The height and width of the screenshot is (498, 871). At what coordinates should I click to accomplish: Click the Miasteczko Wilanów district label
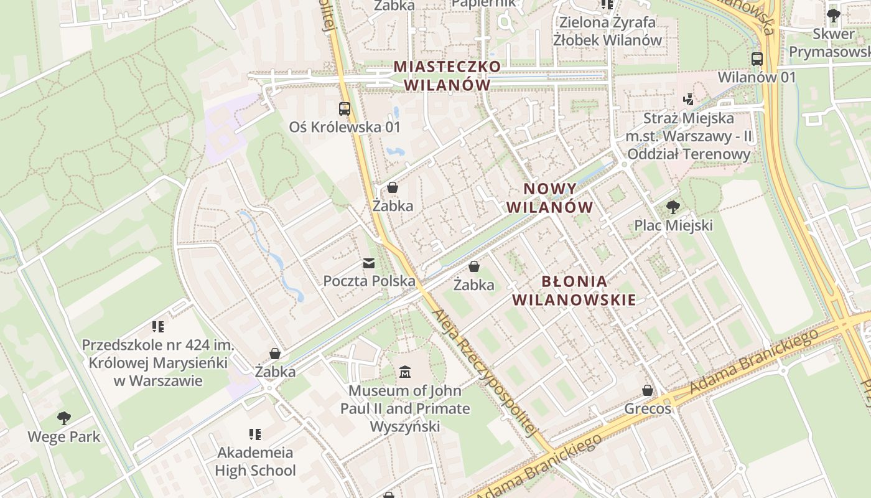pyautogui.click(x=447, y=75)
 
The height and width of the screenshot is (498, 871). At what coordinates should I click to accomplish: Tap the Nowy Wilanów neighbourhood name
pyautogui.click(x=550, y=198)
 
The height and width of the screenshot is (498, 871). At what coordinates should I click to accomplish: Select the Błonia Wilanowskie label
pyautogui.click(x=574, y=290)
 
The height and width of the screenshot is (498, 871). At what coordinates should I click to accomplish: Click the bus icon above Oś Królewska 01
pyautogui.click(x=345, y=109)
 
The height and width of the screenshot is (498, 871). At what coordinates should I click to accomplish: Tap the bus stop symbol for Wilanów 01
pyautogui.click(x=757, y=59)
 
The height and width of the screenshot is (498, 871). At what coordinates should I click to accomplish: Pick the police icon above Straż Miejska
pyautogui.click(x=688, y=100)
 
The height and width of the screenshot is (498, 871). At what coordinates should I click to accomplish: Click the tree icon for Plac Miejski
pyautogui.click(x=673, y=207)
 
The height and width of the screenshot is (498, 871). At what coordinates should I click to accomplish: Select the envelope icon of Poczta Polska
pyautogui.click(x=370, y=263)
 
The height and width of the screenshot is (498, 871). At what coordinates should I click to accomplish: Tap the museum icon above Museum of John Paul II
pyautogui.click(x=405, y=372)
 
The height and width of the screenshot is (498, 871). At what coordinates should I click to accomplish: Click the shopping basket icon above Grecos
pyautogui.click(x=648, y=390)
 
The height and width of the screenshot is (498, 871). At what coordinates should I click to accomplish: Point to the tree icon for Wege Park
pyautogui.click(x=63, y=418)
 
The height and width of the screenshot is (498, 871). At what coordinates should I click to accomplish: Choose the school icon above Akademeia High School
pyautogui.click(x=255, y=434)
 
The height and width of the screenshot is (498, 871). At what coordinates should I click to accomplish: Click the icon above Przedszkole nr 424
pyautogui.click(x=158, y=326)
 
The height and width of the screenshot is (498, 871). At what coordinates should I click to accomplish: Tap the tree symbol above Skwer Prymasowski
pyautogui.click(x=834, y=16)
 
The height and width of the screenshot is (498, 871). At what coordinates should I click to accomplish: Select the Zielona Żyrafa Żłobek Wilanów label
pyautogui.click(x=607, y=31)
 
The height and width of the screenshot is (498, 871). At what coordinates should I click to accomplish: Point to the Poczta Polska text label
pyautogui.click(x=369, y=281)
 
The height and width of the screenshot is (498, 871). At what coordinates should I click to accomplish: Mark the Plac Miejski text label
pyautogui.click(x=673, y=225)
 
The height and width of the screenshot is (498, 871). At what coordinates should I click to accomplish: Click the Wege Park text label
pyautogui.click(x=63, y=436)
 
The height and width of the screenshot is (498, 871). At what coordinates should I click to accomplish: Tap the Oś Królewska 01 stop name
pyautogui.click(x=345, y=127)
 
